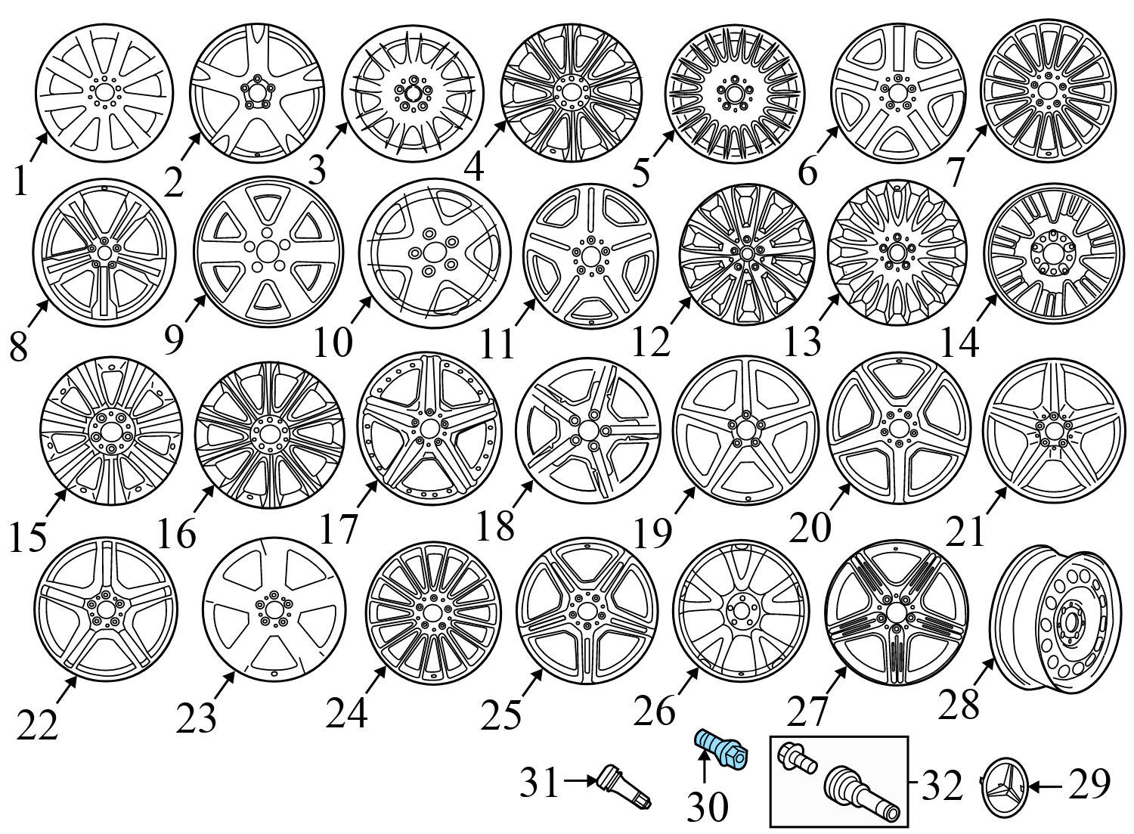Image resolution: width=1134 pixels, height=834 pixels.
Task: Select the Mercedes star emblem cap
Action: click(1003, 787)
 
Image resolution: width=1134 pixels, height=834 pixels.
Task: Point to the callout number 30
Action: click(707, 808)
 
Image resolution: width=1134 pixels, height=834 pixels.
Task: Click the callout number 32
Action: click(942, 786)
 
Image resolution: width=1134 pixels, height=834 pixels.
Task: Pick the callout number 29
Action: click(1089, 785)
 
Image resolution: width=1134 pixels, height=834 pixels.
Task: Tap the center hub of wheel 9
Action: click(267, 251)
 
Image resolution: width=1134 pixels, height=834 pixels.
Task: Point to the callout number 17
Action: click(337, 529)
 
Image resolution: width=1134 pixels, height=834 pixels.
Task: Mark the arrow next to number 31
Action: click(581, 782)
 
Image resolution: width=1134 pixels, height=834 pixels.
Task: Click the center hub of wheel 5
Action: click(731, 93)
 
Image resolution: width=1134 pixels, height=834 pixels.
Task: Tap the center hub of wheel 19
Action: click(744, 429)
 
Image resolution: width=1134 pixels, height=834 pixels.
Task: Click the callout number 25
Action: click(502, 714)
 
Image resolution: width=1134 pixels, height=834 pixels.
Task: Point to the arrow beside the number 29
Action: click(1047, 786)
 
